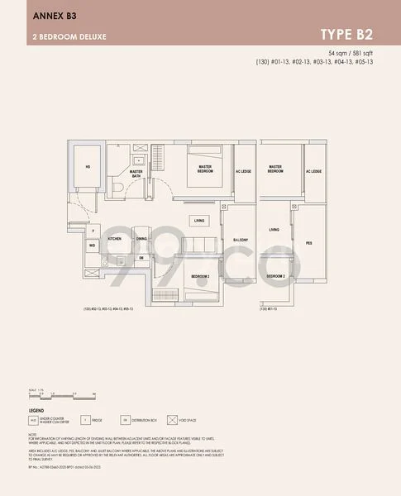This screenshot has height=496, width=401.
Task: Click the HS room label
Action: tap(88, 166)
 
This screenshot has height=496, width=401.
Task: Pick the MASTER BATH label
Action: tap(136, 174)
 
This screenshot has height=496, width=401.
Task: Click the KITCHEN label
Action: tap(115, 238)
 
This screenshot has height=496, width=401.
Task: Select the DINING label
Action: tap(142, 238)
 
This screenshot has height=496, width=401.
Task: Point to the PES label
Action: tap(309, 244)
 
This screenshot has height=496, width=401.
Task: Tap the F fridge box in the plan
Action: tap(93, 232)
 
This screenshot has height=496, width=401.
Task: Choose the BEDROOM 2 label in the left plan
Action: tap(200, 275)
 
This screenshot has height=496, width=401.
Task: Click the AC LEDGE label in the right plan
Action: tap(313, 171)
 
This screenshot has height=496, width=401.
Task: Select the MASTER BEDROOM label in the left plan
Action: tap(206, 169)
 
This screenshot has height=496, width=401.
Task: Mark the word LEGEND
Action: tap(36, 410)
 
